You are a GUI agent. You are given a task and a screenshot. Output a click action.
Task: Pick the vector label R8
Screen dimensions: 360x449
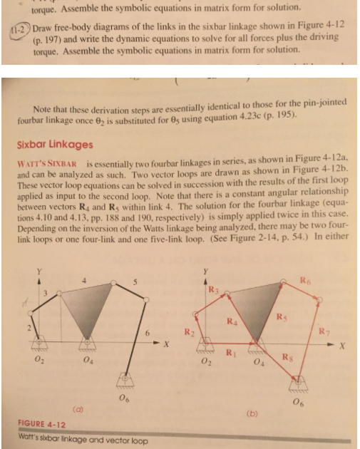point(304,357)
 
